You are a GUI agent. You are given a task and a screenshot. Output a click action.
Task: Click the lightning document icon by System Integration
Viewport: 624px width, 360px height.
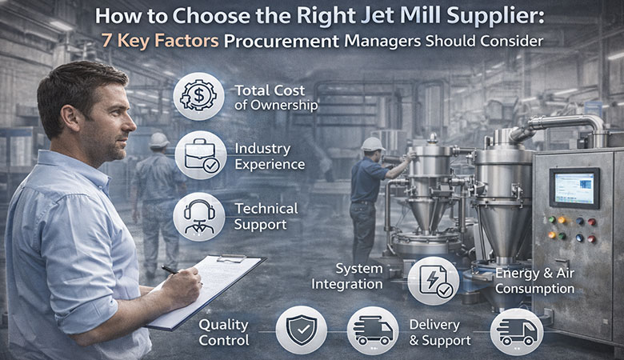(x=433, y=281)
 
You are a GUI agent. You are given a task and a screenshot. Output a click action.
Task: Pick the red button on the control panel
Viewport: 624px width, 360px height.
(x=590, y=222)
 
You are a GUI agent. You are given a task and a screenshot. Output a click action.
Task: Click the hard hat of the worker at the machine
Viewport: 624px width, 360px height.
(x=372, y=144)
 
